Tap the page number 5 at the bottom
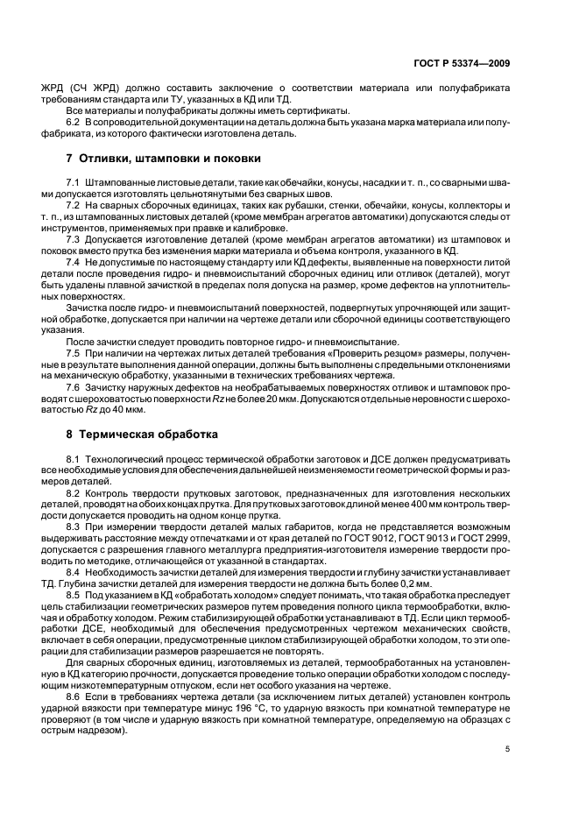[508, 749]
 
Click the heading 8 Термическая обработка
[143, 434]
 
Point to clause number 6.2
[74, 121]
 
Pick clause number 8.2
[74, 494]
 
